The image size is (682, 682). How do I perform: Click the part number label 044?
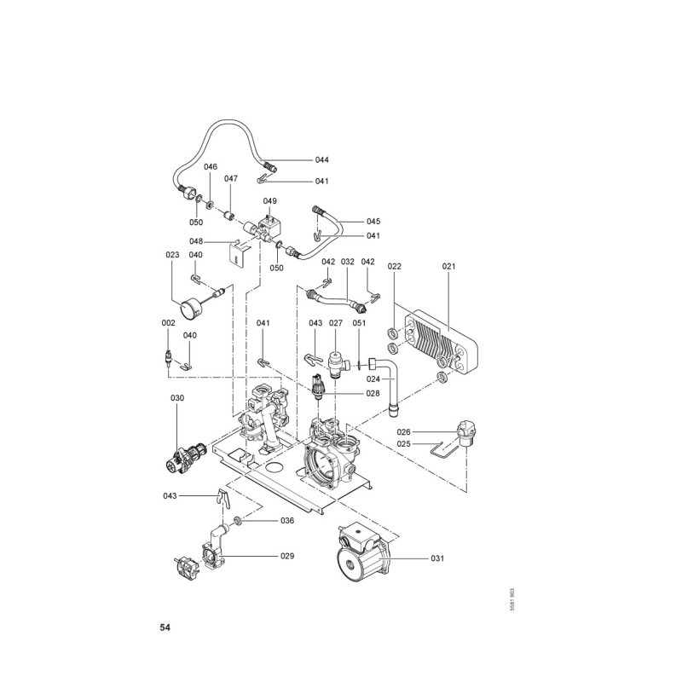coord(298,160)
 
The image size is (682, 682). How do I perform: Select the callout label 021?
coord(449,267)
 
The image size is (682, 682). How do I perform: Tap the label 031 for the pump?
coord(437,558)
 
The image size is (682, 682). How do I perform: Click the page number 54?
coord(165,628)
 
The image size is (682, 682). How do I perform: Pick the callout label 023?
coord(172,255)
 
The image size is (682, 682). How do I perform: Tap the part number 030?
coord(176,398)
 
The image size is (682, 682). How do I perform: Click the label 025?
coord(404,444)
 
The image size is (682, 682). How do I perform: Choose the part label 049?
coord(269,201)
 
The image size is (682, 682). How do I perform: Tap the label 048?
coord(196,241)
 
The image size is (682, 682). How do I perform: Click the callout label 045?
coord(373,222)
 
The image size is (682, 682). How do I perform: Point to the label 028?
coord(373,393)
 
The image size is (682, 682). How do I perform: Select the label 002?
coord(168,323)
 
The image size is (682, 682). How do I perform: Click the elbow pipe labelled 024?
coord(392,388)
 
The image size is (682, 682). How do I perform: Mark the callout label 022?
coord(394,267)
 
